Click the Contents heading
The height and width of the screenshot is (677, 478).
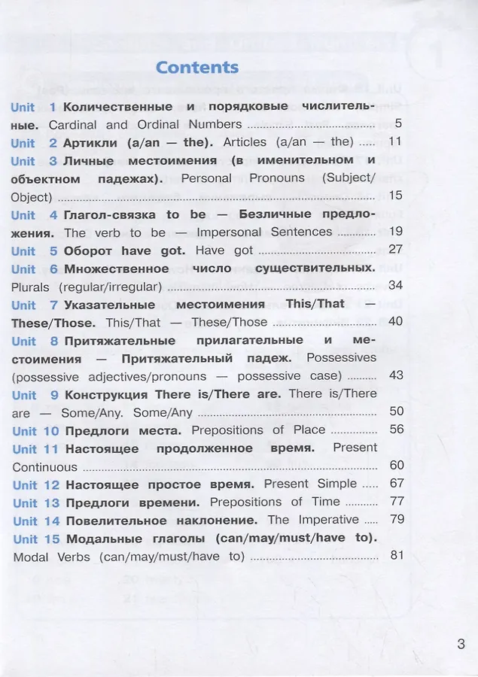[197, 67]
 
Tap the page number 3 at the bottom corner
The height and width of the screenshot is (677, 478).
[461, 644]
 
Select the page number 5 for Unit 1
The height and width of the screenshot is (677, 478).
[398, 124]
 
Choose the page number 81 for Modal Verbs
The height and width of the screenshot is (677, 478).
[397, 556]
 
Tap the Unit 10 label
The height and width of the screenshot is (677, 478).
[35, 431]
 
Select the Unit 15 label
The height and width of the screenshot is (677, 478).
[35, 539]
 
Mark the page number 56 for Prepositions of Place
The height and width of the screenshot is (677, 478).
[396, 430]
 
